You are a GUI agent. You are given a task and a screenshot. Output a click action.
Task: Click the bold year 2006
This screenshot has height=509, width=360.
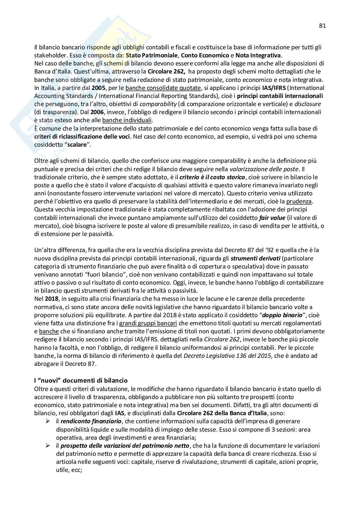pos(97,112)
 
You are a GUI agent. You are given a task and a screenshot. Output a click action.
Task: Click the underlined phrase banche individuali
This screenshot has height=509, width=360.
pos(127,120)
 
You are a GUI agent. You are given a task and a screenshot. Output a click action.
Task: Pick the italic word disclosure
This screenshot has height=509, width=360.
pos(308,104)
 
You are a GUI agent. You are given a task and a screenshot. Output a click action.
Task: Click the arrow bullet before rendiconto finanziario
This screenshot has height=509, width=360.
pos(47,421)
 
